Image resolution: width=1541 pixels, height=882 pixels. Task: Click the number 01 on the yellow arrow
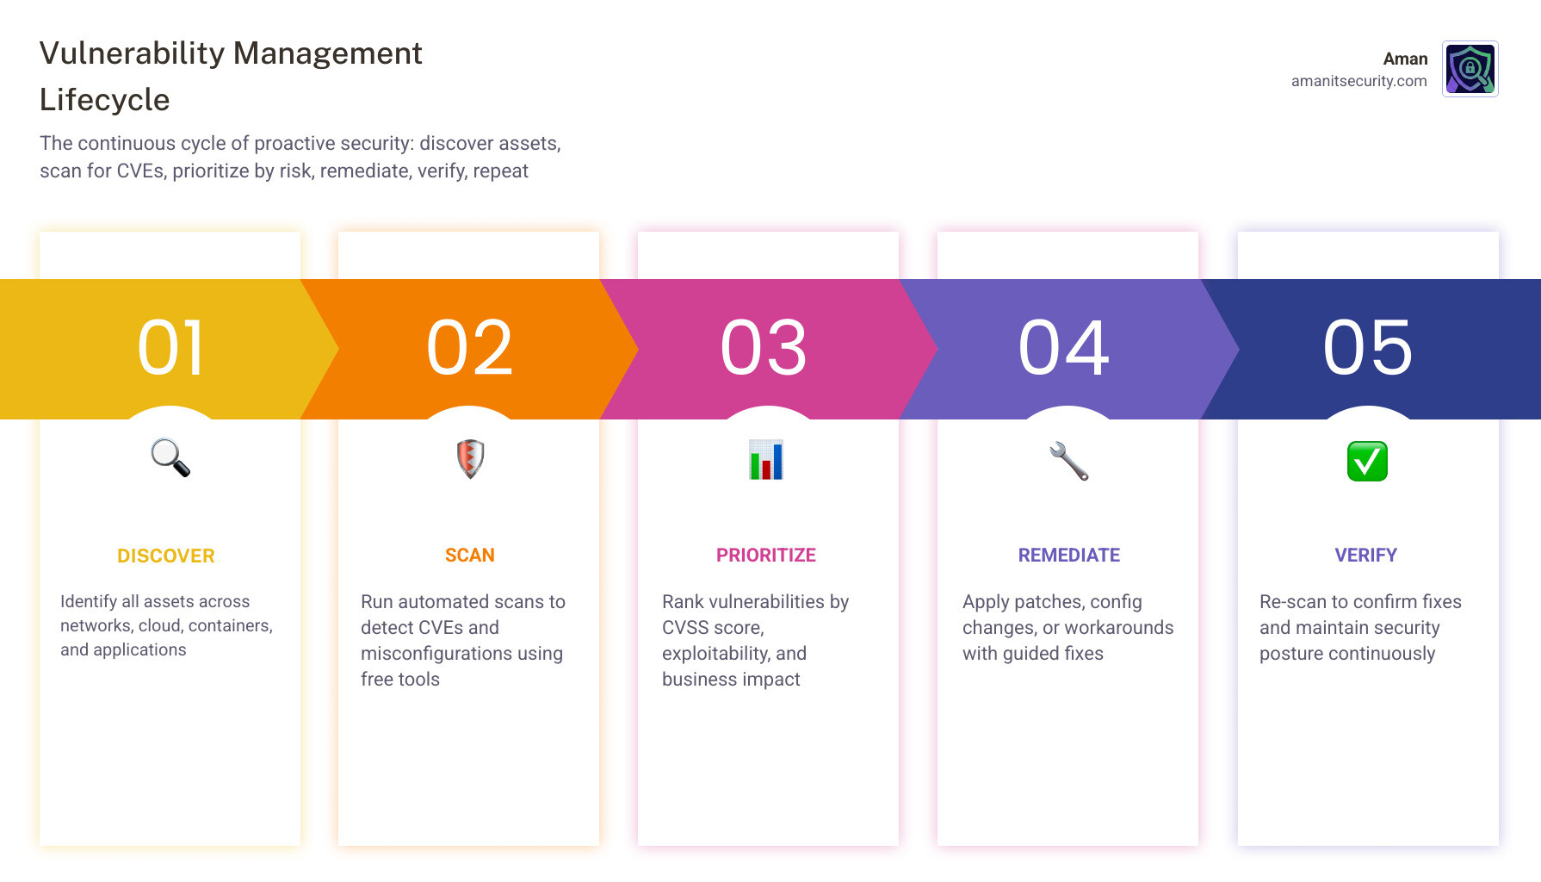170,348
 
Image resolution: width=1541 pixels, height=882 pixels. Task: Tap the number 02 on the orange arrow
469,348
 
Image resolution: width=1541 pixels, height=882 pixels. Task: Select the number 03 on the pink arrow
764,348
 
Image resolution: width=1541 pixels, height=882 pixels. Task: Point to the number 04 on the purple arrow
1064,348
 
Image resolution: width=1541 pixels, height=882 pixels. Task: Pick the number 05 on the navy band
1368,348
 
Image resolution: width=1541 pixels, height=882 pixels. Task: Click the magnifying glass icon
170,458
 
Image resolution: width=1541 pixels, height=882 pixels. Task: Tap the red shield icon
470,459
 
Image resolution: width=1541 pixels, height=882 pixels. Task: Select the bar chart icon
766,460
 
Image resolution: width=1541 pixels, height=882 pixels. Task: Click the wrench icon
1068,461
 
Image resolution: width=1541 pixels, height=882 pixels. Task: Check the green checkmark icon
1367,461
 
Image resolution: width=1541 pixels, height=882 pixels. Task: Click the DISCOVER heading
166,556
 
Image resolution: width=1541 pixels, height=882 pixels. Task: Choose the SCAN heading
470,556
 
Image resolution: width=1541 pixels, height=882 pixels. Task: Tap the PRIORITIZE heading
766,556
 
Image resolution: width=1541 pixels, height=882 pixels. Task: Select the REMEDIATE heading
1069,556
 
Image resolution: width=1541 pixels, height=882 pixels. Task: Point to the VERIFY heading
1366,556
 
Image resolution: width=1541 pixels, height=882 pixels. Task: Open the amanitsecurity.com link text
1358,81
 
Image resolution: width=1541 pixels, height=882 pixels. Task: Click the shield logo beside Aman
1470,69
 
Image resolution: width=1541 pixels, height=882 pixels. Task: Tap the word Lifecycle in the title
105,100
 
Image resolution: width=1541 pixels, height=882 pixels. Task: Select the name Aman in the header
1405,59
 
